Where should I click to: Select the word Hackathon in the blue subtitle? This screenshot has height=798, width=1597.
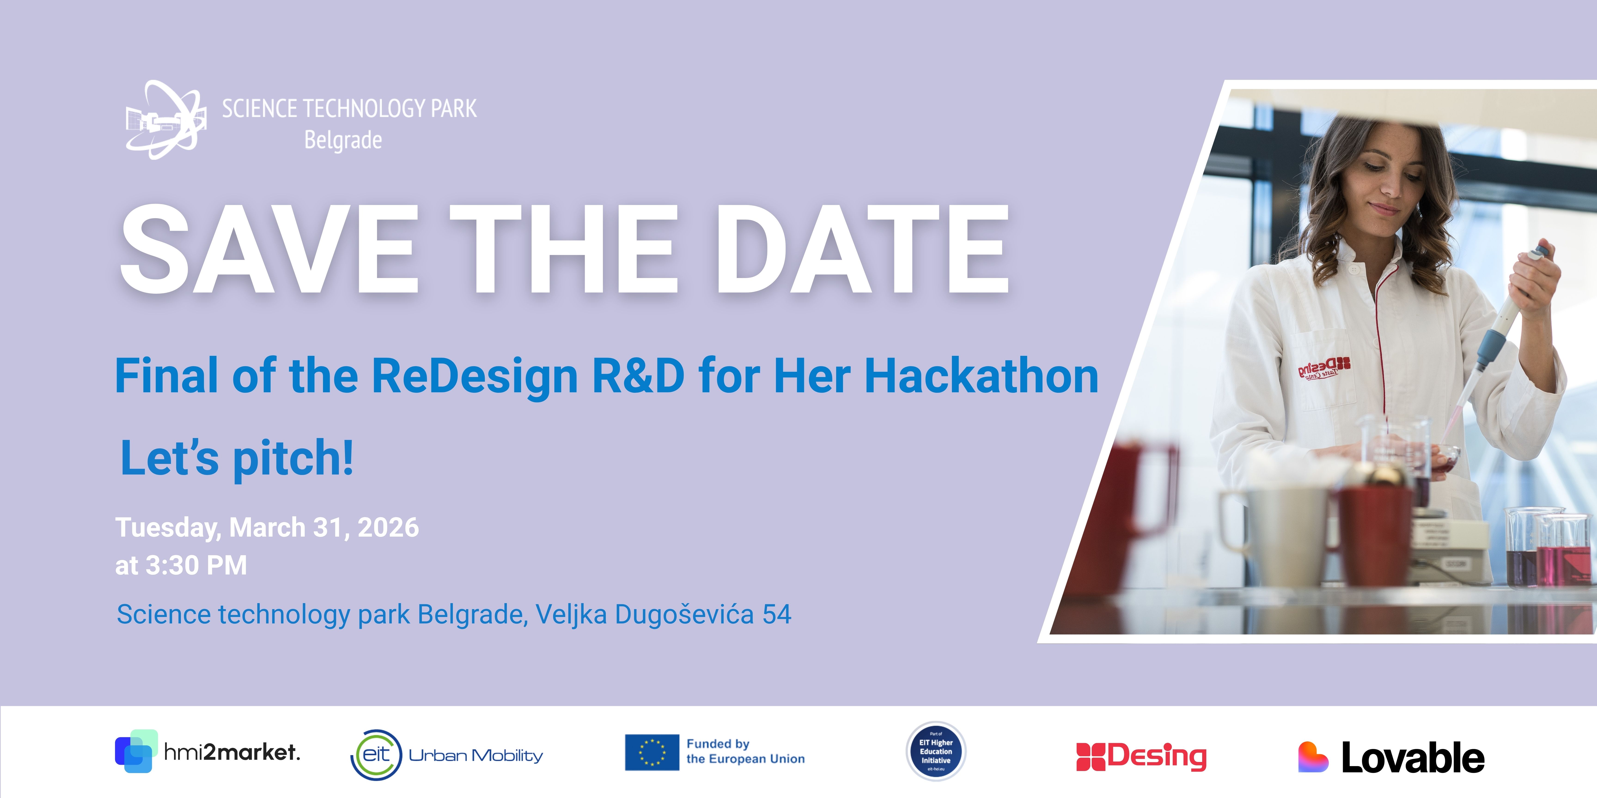981,376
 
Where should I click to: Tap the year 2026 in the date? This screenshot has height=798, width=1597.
388,528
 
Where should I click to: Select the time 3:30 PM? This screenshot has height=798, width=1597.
196,565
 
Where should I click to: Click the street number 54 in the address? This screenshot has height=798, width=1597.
777,615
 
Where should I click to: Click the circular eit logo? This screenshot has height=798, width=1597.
376,755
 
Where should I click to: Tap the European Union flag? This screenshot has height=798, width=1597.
652,752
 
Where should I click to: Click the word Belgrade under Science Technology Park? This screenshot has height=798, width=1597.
343,140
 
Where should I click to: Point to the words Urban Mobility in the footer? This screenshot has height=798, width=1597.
475,755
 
